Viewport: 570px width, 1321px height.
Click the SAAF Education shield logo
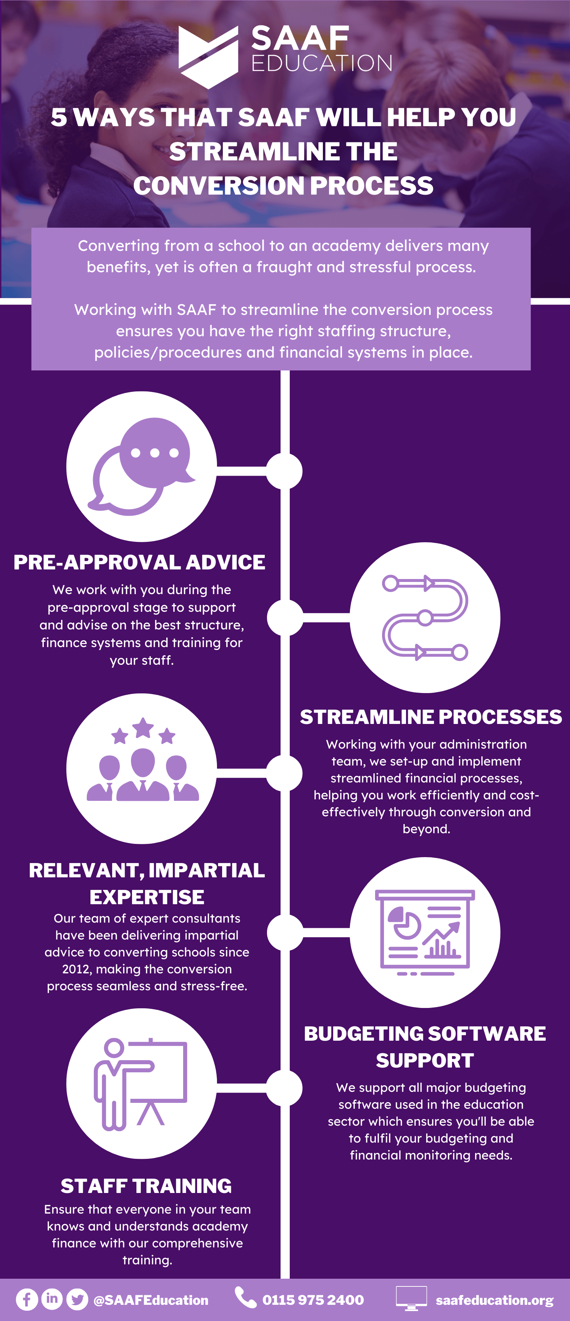[x=208, y=56]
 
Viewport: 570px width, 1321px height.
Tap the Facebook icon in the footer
[x=26, y=1299]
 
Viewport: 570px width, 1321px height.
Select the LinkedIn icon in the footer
[x=52, y=1299]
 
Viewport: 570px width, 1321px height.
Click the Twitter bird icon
[x=77, y=1299]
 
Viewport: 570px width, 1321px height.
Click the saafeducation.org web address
[x=494, y=1300]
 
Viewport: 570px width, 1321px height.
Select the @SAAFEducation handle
[x=151, y=1300]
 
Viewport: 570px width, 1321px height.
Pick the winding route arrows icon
[x=425, y=617]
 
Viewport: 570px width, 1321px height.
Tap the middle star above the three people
[x=143, y=727]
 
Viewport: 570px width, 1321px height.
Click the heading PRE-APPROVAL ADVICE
[x=139, y=562]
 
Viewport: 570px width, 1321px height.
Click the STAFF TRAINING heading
[x=146, y=1186]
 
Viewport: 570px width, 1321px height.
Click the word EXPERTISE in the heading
[x=147, y=897]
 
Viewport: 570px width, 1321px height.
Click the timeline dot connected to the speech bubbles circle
[x=285, y=471]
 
